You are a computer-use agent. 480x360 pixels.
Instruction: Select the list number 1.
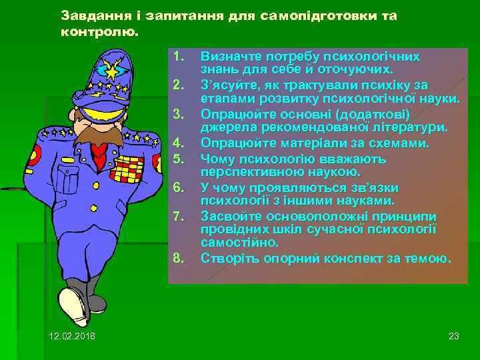point(177,55)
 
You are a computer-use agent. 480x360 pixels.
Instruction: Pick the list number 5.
point(177,159)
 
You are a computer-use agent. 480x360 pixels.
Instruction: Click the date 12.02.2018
point(72,335)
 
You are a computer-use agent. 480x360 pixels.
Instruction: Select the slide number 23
point(454,335)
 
